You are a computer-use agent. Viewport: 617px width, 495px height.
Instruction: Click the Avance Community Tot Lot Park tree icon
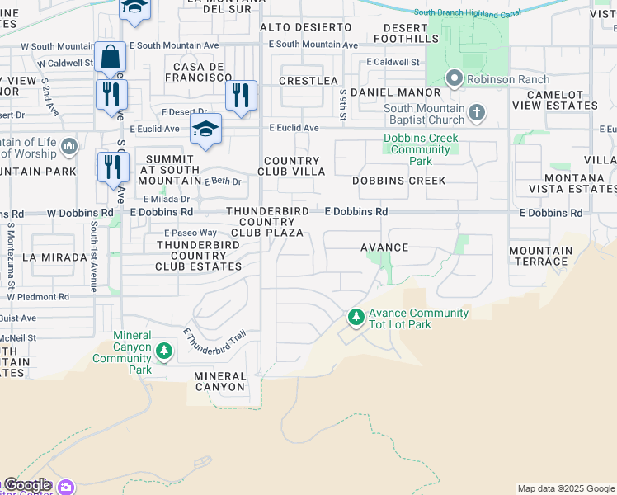tap(356, 317)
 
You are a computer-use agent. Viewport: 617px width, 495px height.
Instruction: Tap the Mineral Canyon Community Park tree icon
tap(164, 352)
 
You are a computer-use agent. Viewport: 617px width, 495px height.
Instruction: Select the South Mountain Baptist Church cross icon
tap(477, 113)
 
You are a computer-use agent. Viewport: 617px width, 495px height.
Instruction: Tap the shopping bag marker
tap(110, 57)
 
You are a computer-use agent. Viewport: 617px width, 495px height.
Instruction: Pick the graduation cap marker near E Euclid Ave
tap(205, 129)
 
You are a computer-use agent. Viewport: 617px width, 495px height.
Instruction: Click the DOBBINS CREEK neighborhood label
tap(398, 181)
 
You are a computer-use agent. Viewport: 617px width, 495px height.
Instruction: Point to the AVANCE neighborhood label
tap(384, 247)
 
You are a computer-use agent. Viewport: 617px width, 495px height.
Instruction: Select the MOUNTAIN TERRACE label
tap(541, 256)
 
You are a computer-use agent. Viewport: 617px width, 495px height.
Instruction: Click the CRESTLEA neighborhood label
tap(308, 81)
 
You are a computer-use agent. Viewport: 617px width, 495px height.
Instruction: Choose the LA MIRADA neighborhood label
tap(54, 257)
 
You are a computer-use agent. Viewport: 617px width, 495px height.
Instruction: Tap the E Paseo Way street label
tap(190, 233)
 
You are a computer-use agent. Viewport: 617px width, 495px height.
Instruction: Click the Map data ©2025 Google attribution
tap(566, 488)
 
